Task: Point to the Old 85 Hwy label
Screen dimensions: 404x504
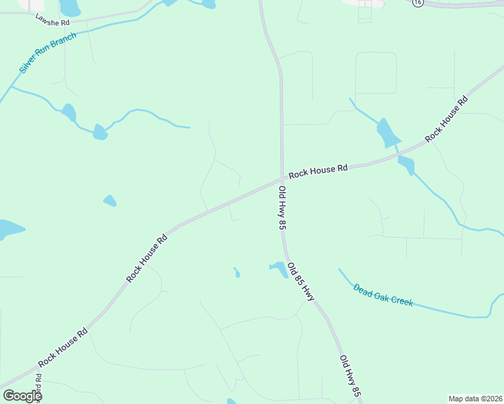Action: (x=301, y=281)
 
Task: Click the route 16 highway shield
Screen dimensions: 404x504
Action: (x=418, y=3)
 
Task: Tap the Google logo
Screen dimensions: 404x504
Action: (x=22, y=396)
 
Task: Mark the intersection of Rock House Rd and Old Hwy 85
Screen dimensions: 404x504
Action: (x=282, y=179)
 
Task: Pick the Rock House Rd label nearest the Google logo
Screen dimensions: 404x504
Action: (x=63, y=347)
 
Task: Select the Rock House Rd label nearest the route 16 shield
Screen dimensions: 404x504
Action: (x=446, y=121)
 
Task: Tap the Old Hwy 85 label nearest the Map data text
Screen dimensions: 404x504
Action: (x=351, y=376)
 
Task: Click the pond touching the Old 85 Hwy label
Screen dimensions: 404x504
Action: (x=279, y=268)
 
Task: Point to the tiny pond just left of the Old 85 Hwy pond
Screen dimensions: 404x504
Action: (x=237, y=273)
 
